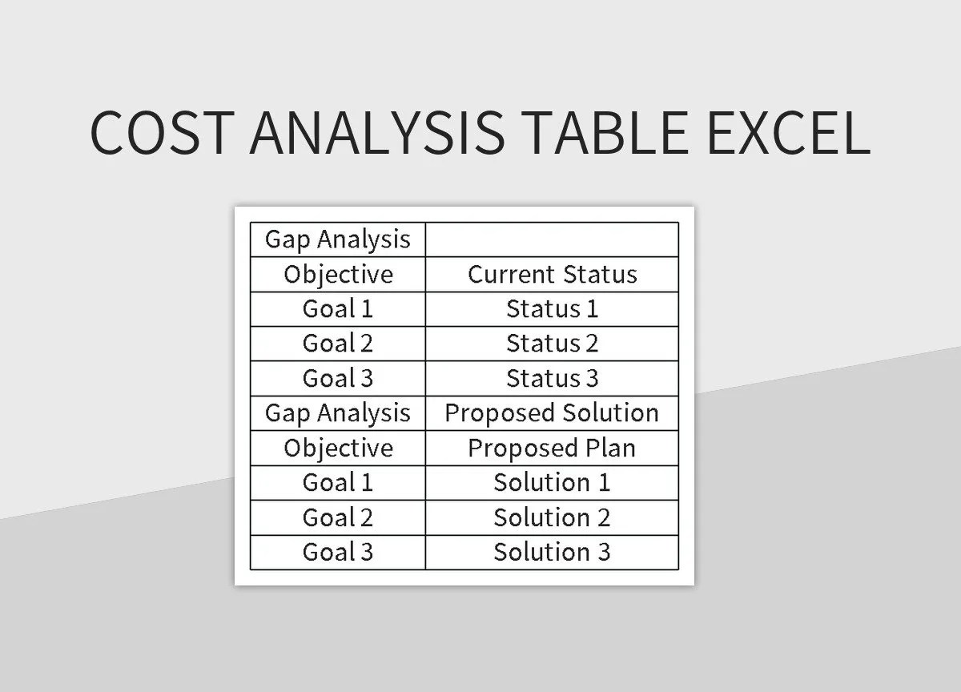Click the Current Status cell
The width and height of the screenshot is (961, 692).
coord(552,274)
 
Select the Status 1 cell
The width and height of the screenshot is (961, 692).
coord(552,308)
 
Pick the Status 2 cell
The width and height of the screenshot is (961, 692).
coord(552,344)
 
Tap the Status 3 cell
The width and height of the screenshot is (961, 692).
coord(552,378)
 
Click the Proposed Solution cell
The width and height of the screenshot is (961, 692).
coord(552,413)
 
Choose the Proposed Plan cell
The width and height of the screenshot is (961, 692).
coord(552,448)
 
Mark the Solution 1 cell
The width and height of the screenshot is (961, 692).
coord(552,482)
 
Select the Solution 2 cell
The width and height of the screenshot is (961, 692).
coord(552,517)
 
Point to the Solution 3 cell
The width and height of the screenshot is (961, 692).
coord(552,552)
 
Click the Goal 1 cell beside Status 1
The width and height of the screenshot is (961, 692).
coord(338,308)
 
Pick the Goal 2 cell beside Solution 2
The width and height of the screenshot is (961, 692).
coord(338,517)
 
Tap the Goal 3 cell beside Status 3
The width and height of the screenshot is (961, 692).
coord(338,378)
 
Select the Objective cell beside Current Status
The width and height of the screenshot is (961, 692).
coord(338,274)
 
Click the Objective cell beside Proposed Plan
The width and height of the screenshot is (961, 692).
coord(338,448)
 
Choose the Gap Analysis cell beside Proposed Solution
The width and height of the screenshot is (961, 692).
coord(338,413)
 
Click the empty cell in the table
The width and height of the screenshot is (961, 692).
coord(552,239)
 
